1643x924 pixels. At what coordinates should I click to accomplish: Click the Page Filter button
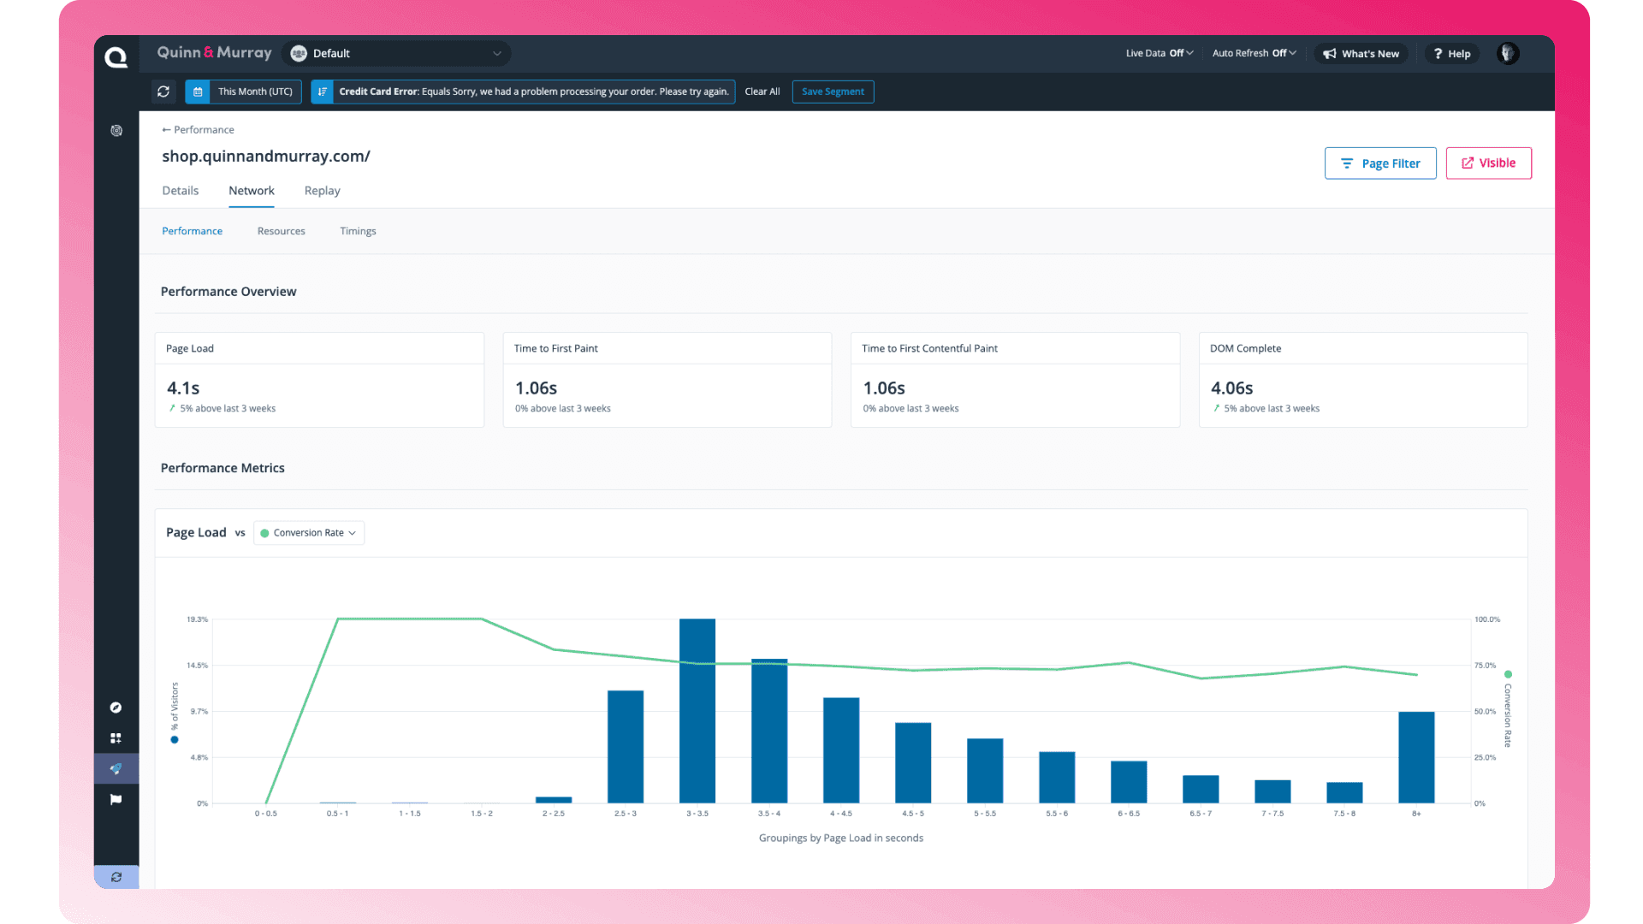(1379, 163)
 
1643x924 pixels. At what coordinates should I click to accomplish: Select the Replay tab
(322, 191)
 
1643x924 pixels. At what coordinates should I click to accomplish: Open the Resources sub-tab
(281, 231)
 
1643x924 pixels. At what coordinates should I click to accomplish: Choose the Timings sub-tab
(358, 231)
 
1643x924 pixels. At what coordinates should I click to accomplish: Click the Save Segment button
(833, 92)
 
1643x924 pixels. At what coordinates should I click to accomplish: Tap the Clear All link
(762, 92)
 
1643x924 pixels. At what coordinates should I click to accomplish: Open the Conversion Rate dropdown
(309, 533)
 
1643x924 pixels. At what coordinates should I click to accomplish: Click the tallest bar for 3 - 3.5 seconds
(697, 710)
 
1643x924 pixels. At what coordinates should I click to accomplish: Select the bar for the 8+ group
(1415, 757)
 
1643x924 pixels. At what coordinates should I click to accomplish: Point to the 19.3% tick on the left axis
(198, 619)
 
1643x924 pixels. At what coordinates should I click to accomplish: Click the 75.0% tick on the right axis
(1485, 666)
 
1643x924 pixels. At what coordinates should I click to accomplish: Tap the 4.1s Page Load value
(183, 388)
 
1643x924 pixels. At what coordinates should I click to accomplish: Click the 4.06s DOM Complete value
(1231, 388)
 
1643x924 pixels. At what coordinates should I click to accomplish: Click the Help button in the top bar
(1451, 54)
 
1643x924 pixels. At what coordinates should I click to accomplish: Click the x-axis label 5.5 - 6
(1056, 814)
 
